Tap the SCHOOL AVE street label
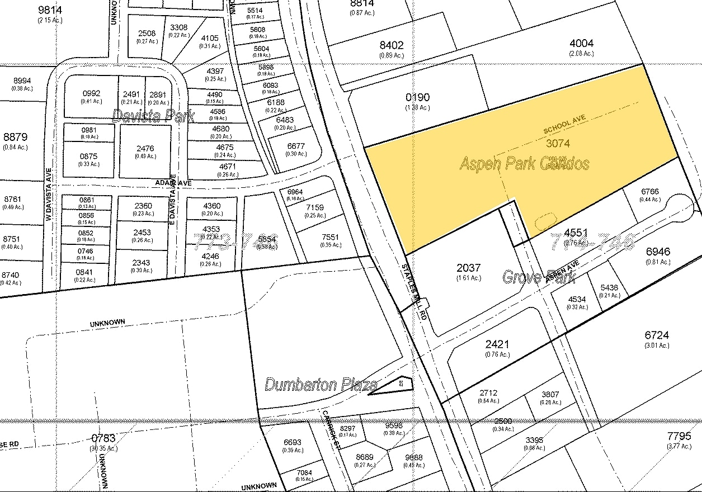coord(564,126)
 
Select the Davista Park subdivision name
coord(153,116)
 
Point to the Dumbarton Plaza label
coord(321,385)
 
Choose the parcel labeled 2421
coord(497,345)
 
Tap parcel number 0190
coord(418,98)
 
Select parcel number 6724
coord(657,335)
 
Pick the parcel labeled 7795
coord(679,436)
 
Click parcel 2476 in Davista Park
coord(145,148)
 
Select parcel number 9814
coord(50,10)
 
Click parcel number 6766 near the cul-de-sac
coord(649,192)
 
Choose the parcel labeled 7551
coord(330,237)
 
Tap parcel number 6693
coord(293,442)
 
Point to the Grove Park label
coord(531,277)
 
